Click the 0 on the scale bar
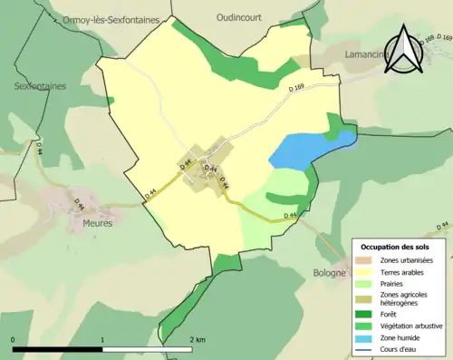[14, 340]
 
